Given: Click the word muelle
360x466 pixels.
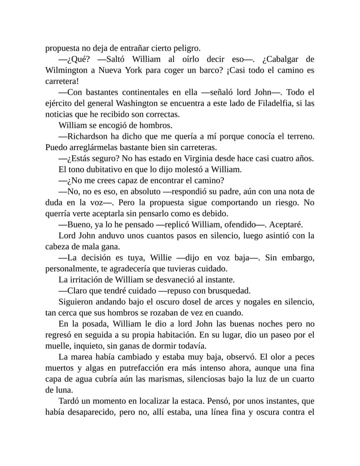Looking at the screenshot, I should [58, 346].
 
